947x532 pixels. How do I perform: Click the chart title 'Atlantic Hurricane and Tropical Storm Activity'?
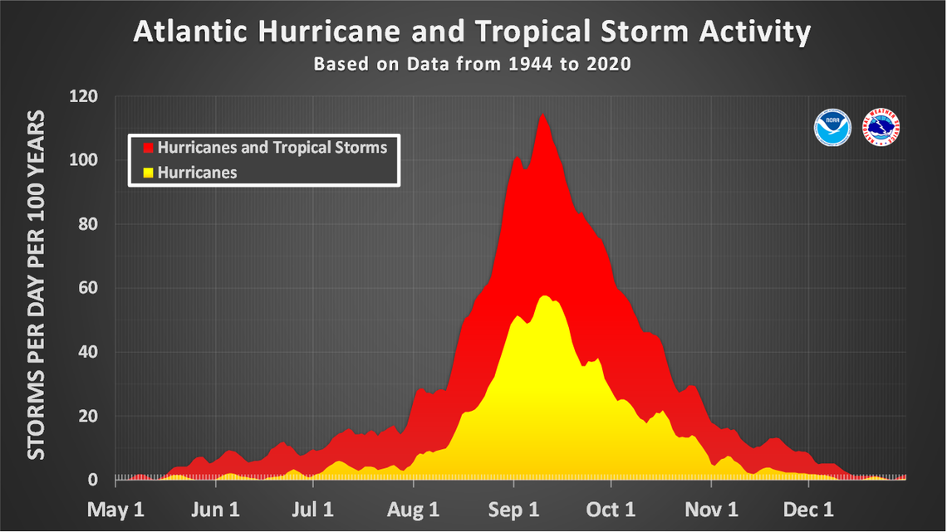[x=472, y=32]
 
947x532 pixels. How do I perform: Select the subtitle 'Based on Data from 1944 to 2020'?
[x=472, y=64]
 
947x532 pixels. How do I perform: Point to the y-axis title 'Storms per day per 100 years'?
[x=36, y=286]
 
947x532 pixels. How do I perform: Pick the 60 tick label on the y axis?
[x=86, y=288]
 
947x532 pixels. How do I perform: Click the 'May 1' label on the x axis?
[x=116, y=508]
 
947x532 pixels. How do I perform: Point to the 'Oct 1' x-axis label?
[x=611, y=508]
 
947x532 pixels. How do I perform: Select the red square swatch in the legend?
[x=149, y=148]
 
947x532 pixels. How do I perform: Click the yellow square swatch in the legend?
[x=149, y=173]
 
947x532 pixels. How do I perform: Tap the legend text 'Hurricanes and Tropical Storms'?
[x=272, y=148]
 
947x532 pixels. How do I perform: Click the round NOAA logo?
[x=832, y=127]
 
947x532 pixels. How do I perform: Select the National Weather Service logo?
[x=883, y=127]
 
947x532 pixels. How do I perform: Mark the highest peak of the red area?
[x=542, y=115]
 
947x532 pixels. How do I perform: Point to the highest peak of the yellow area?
[x=545, y=295]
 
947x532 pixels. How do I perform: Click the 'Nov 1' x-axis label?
[x=710, y=508]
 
